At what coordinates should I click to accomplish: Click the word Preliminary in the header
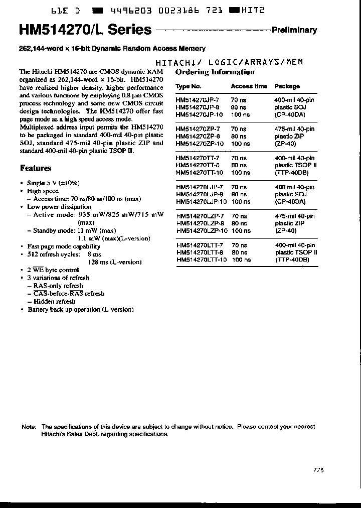(x=294, y=30)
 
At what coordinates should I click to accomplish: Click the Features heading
(x=36, y=168)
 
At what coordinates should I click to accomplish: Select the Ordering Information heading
(x=215, y=72)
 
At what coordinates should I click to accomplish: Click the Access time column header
(x=249, y=86)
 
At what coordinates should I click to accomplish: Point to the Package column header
(x=287, y=86)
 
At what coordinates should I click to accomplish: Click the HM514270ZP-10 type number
(x=200, y=144)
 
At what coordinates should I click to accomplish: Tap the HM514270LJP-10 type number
(x=202, y=202)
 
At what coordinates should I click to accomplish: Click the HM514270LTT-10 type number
(x=202, y=260)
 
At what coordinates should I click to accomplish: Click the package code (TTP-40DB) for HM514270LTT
(x=292, y=260)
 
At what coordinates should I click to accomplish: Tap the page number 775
(x=318, y=470)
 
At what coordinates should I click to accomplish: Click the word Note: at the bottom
(x=29, y=427)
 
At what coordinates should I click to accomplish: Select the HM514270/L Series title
(x=85, y=30)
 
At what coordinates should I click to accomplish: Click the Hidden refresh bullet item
(x=54, y=302)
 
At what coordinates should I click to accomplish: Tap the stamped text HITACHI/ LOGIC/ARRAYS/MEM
(x=229, y=62)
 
